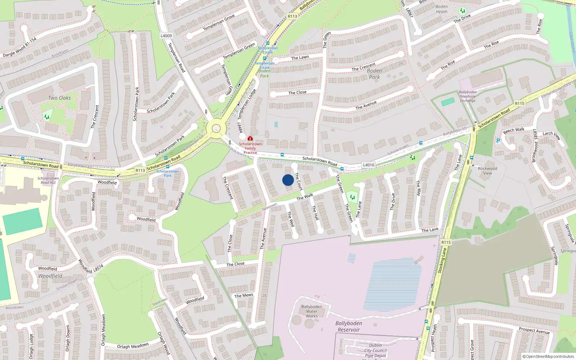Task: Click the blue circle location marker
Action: point(288,180)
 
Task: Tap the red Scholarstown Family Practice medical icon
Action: point(250,138)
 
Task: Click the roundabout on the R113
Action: point(216,128)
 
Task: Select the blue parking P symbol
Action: point(498,141)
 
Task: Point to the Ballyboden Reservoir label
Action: point(348,327)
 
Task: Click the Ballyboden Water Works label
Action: point(312,311)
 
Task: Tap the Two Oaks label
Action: point(59,98)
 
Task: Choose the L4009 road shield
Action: point(166,36)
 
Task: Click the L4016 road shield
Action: point(368,165)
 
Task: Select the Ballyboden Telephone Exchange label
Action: point(468,96)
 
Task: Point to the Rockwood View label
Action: point(487,171)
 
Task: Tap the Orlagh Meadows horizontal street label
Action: point(133,346)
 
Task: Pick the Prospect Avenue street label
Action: point(534,330)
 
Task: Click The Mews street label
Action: point(244,296)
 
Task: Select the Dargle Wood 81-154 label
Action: point(19,47)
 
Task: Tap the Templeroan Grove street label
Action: point(219,23)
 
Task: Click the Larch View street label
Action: point(552,135)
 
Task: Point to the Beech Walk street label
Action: point(514,130)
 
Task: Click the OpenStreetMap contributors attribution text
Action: point(548,356)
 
